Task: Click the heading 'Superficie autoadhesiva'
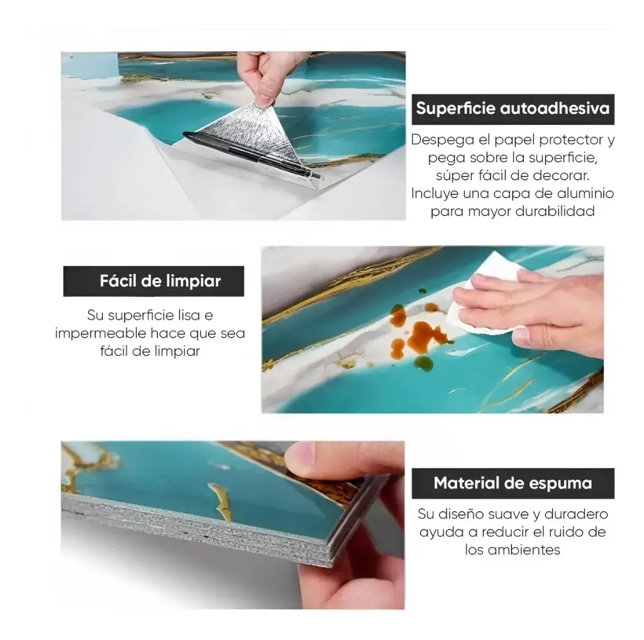[513, 108]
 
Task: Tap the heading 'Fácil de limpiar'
[160, 281]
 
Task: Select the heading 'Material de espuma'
[513, 483]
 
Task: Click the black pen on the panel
[252, 154]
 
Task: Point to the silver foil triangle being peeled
[253, 138]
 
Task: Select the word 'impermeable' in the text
[100, 333]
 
